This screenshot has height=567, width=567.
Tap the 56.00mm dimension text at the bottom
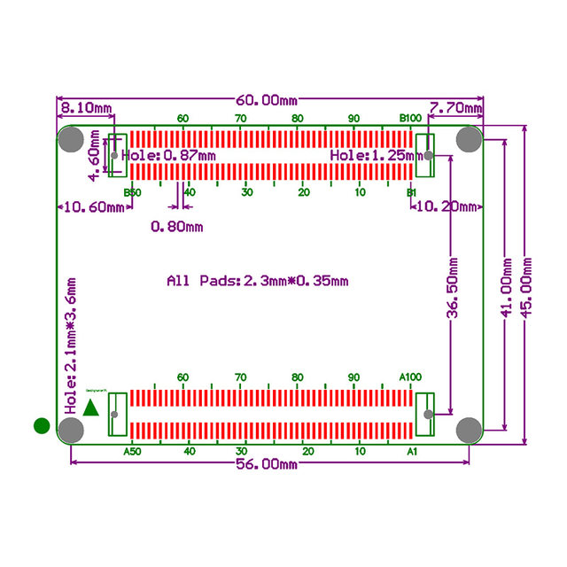267,464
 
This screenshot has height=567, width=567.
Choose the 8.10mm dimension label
85,108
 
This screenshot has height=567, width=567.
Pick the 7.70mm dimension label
456,108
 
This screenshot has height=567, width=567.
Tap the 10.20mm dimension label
447,206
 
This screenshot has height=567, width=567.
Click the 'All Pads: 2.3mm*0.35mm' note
258,281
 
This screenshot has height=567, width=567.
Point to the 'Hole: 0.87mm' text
168,155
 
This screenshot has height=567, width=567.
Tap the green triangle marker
90,408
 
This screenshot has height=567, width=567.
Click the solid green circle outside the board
41,426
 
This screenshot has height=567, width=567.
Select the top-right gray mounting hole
469,139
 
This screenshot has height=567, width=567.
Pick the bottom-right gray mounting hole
469,430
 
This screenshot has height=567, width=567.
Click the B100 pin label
410,118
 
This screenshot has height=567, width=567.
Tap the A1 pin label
411,452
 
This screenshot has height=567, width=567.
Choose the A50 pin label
131,452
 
